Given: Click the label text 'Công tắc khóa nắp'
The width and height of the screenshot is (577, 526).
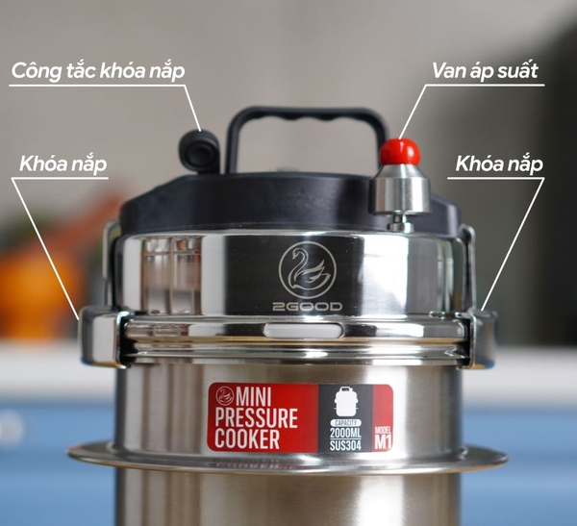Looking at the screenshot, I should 97,71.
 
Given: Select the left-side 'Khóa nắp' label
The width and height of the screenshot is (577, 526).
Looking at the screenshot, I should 63,163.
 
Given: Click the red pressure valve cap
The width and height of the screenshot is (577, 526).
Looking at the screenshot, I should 399,151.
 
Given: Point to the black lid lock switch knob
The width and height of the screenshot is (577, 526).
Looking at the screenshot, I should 199,150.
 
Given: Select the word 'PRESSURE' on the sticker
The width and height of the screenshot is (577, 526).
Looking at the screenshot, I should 257,418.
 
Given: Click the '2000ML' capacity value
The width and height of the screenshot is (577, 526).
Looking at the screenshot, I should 344,432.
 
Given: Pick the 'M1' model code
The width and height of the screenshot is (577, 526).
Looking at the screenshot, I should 383,441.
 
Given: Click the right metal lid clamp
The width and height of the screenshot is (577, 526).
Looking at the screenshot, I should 477,337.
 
